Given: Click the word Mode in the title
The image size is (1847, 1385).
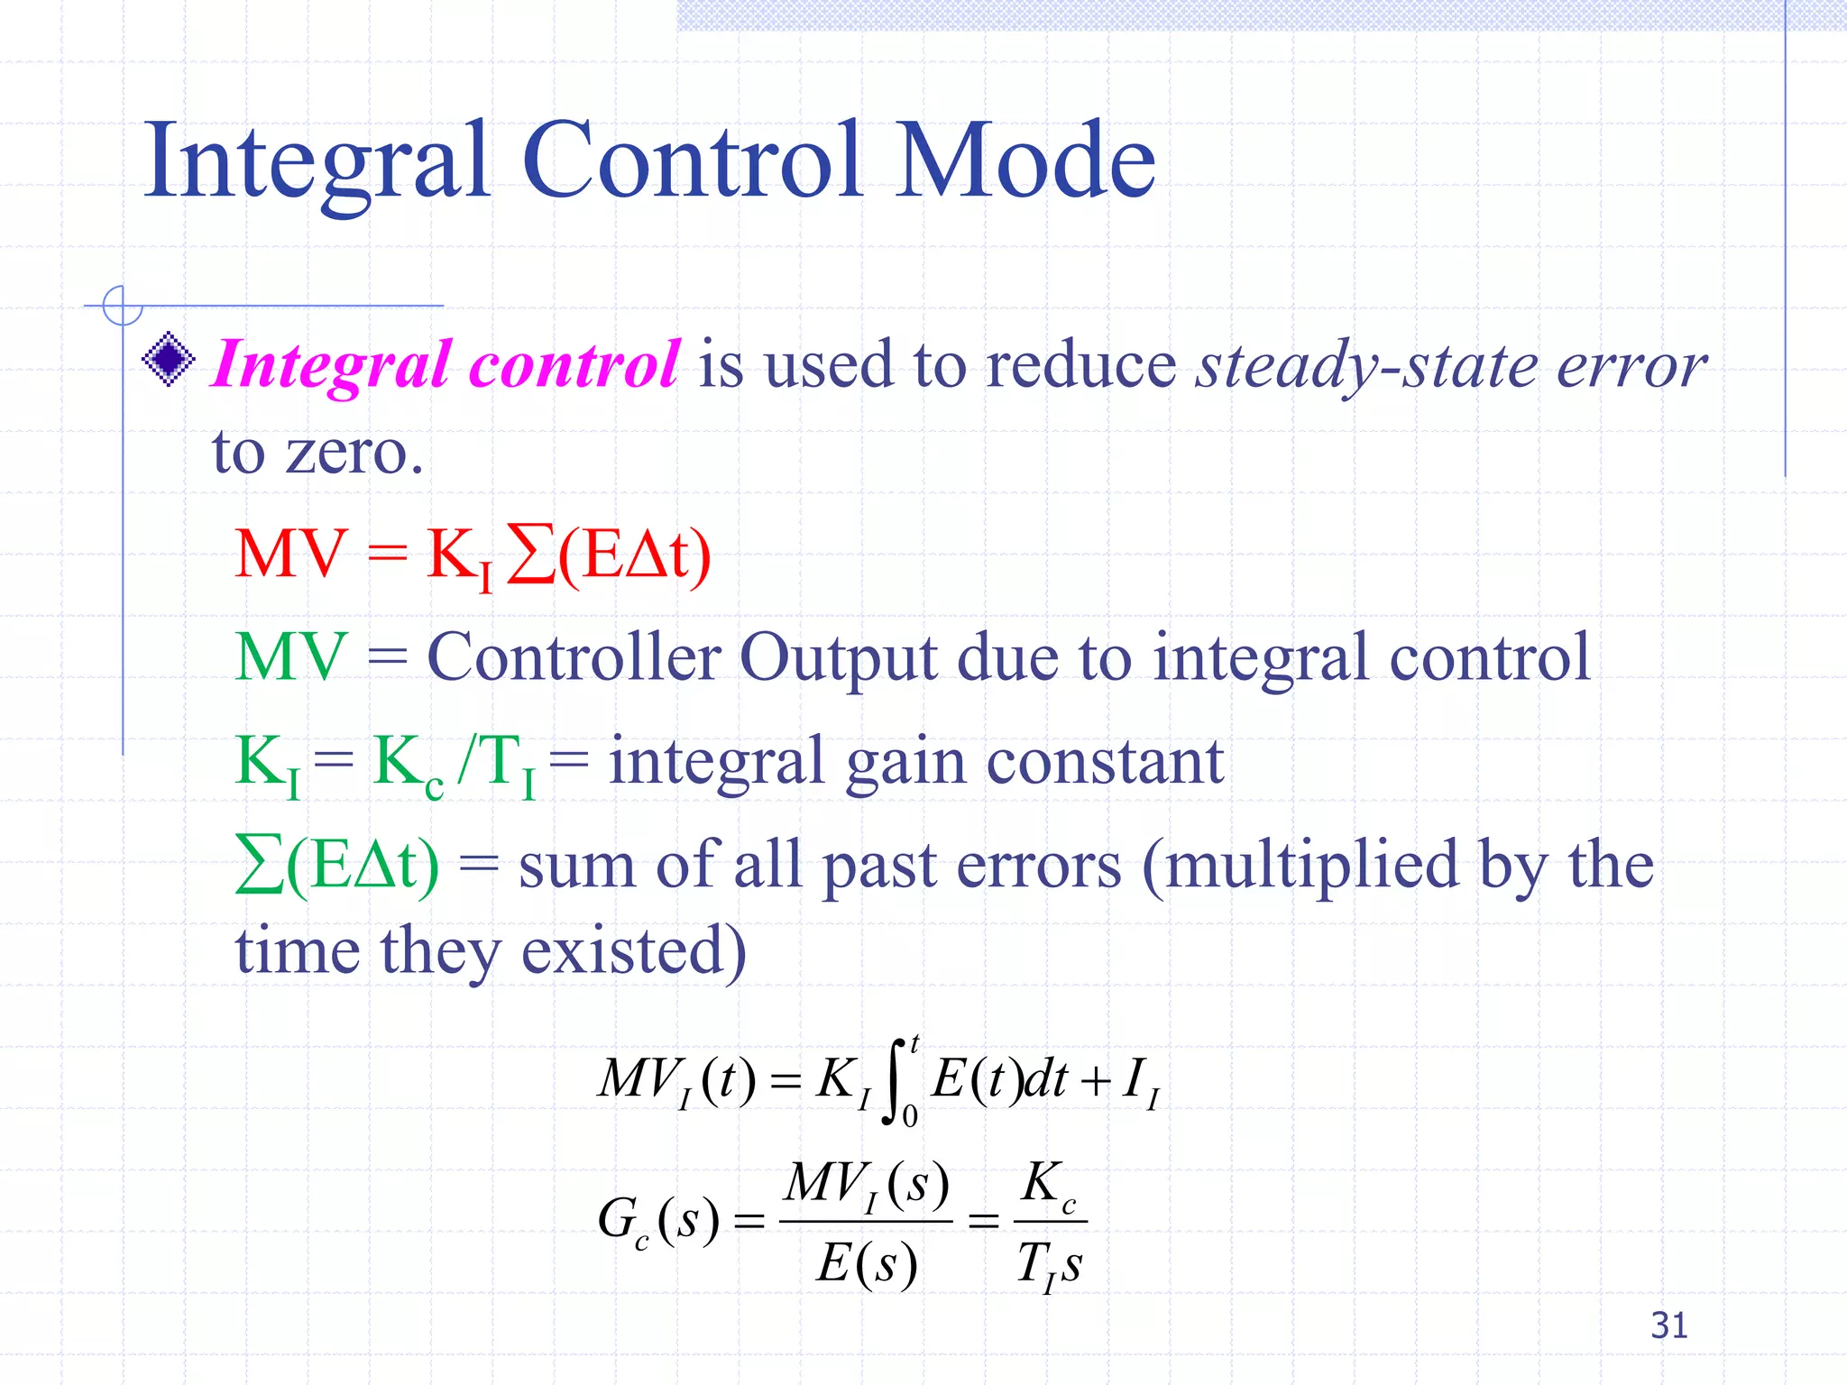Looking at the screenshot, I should point(1026,161).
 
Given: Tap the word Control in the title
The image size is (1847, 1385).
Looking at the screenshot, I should point(693,161).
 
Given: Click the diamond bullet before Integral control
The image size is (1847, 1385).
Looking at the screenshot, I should point(169,360).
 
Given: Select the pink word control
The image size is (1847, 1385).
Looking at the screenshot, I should point(574,365).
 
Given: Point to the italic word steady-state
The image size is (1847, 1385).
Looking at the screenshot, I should point(1367,367).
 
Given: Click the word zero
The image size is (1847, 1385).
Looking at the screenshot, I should point(354,453).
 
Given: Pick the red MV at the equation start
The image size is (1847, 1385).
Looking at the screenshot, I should point(290,554).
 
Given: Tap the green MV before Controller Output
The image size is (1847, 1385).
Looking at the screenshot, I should point(290,656).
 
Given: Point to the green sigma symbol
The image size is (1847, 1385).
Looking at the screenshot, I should point(260,864).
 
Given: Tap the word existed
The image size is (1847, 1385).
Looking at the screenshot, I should point(634,950).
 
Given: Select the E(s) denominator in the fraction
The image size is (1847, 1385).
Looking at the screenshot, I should point(867,1262).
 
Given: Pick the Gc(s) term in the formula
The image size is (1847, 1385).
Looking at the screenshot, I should point(658,1221).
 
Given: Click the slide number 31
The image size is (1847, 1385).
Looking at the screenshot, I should point(1668,1325).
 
